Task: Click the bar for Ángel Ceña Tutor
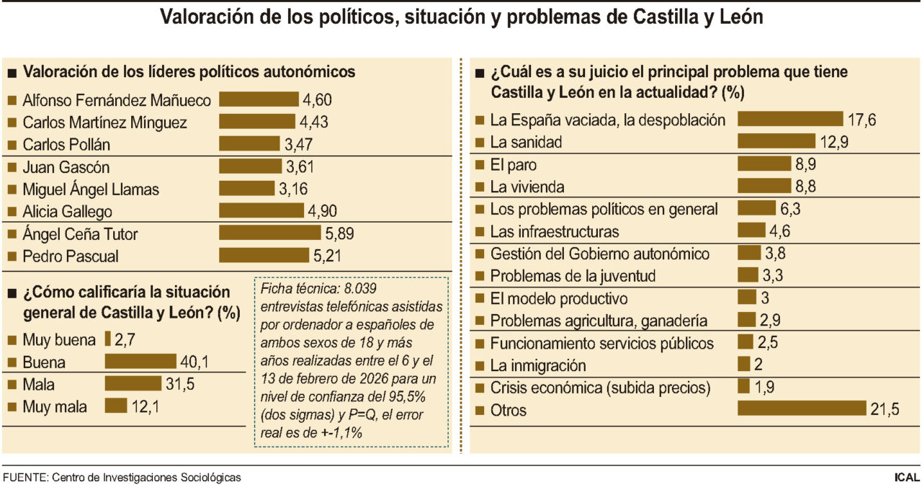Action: click(x=269, y=233)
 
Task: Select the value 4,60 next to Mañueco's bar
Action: click(x=317, y=99)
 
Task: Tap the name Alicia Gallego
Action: click(x=67, y=211)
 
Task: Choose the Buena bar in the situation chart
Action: click(x=140, y=362)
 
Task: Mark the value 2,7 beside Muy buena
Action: click(x=124, y=339)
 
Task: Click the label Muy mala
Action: click(x=55, y=406)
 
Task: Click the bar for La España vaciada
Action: click(x=790, y=120)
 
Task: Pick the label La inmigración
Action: click(x=537, y=365)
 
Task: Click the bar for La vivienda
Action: click(x=765, y=187)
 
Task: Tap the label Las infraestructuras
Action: click(x=554, y=231)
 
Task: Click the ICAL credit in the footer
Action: click(x=906, y=477)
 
